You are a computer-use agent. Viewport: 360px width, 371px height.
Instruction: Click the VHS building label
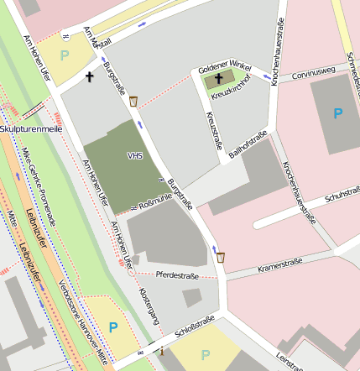click(x=134, y=155)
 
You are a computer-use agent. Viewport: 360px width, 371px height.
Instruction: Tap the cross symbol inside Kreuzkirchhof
click(x=219, y=79)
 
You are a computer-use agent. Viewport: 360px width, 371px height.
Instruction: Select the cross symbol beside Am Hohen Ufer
click(x=90, y=77)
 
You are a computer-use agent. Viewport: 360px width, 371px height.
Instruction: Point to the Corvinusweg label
click(x=308, y=74)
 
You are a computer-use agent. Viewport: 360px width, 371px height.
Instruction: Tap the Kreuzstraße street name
click(x=214, y=132)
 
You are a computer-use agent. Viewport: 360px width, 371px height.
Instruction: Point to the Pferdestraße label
click(x=176, y=274)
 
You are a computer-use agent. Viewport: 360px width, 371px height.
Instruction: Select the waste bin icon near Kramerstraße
click(x=221, y=258)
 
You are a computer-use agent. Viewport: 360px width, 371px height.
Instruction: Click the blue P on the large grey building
click(x=337, y=112)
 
